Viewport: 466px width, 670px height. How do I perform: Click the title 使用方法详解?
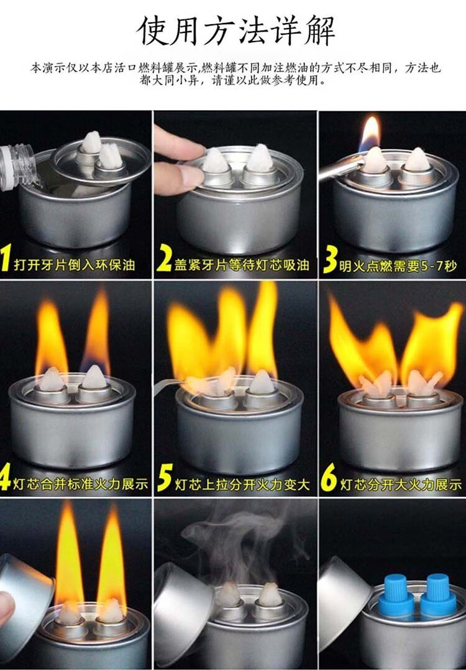tap(236, 30)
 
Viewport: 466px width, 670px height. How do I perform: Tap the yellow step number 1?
tap(6, 258)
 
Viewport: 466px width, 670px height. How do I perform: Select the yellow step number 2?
tap(163, 258)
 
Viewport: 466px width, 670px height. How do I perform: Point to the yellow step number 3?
tap(330, 259)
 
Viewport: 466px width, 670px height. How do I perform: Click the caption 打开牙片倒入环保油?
tap(75, 265)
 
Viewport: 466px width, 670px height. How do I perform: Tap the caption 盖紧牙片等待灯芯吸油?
tap(242, 265)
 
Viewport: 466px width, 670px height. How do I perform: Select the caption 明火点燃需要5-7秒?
tap(398, 266)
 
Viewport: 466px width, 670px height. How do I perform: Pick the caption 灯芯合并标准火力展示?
tap(80, 484)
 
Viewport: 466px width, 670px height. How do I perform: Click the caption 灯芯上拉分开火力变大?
tap(242, 484)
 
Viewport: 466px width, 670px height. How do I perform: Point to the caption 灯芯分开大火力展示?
tap(401, 484)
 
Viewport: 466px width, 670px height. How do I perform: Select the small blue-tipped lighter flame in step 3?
tap(370, 134)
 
